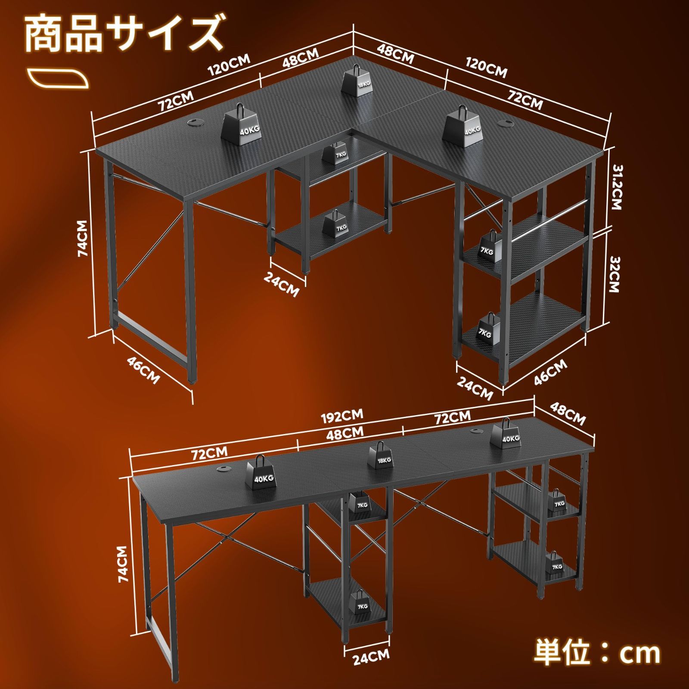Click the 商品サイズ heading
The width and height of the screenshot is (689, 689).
point(125,34)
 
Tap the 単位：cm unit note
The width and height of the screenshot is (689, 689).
point(597,653)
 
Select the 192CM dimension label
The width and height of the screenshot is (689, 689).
point(342,416)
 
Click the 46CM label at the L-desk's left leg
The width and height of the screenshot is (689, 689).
point(143,370)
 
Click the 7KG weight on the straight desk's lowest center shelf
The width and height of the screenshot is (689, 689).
point(362,602)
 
